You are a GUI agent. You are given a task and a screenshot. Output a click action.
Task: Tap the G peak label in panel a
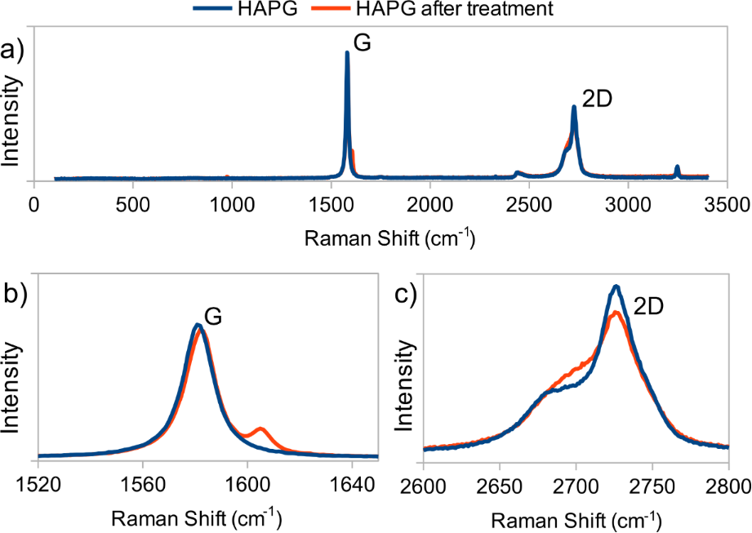click(x=363, y=44)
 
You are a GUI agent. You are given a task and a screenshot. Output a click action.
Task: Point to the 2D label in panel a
click(x=597, y=100)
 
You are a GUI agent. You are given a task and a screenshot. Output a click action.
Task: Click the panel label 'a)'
click(x=14, y=51)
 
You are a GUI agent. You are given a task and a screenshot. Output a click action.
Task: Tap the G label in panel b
click(x=214, y=317)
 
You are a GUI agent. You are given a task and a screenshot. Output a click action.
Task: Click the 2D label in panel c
click(x=648, y=306)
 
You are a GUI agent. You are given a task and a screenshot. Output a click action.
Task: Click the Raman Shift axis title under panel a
click(x=388, y=238)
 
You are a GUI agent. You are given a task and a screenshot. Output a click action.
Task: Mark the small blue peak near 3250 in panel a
click(x=677, y=169)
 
